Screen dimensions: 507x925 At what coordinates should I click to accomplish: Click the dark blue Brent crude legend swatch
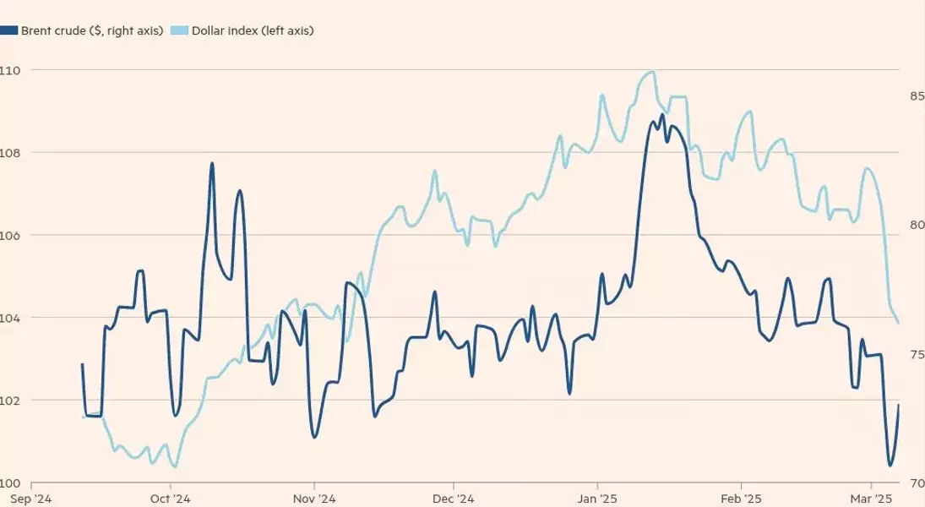point(9,30)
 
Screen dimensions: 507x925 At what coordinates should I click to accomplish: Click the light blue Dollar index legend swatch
point(179,30)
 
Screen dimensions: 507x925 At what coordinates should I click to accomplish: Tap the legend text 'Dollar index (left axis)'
point(253,30)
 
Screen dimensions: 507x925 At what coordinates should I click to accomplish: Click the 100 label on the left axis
point(9,483)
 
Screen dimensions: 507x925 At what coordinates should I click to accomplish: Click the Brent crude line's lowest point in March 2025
point(890,466)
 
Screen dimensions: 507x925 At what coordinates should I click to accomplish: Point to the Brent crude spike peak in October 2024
point(212,163)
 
